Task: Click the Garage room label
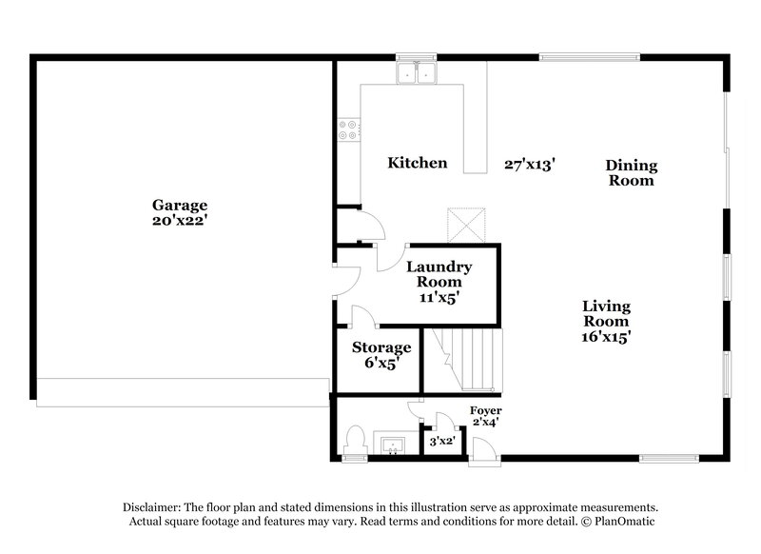pos(180,205)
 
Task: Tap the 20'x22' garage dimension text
pos(180,220)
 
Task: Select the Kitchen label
pos(417,163)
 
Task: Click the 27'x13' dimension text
pos(530,164)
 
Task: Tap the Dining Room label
pos(632,172)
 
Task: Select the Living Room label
pos(606,313)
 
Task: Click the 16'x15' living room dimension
pos(606,336)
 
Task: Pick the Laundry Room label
pos(439,275)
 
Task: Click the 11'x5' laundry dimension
pos(439,297)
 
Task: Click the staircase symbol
pos(463,359)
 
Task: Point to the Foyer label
pos(486,410)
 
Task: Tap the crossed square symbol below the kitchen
pos(467,226)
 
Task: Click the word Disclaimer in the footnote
pos(156,507)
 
